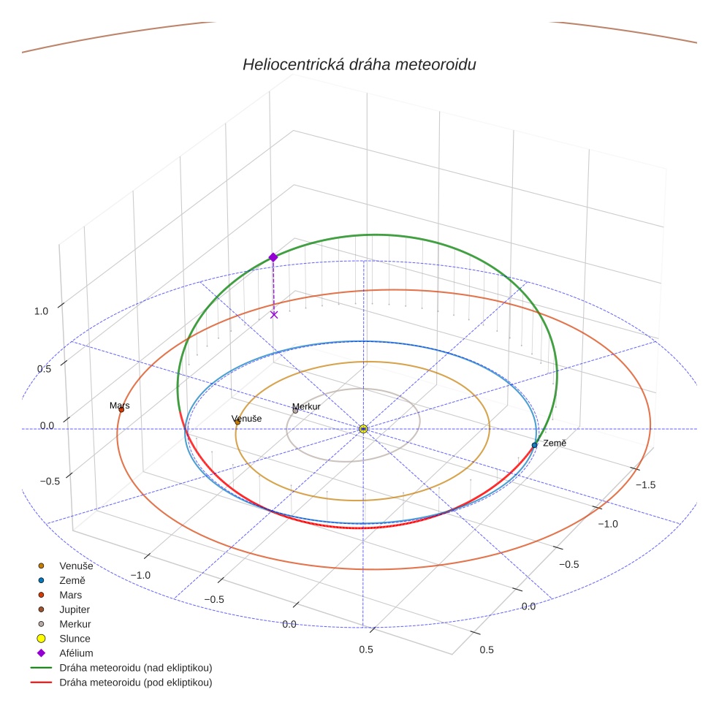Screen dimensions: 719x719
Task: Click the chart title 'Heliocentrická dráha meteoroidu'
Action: [x=359, y=65]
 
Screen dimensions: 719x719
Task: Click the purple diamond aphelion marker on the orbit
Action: [x=273, y=257]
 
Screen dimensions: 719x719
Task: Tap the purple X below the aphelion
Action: [x=274, y=315]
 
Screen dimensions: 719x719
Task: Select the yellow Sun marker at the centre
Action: [x=363, y=429]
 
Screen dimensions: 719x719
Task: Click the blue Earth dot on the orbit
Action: [x=535, y=445]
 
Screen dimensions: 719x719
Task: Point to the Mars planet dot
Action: [x=121, y=410]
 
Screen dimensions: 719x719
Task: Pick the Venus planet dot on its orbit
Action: [x=237, y=422]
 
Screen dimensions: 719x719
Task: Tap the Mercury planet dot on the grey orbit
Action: [x=295, y=411]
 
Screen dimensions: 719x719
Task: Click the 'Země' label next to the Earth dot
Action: [x=555, y=444]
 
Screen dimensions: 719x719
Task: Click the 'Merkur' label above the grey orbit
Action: [x=306, y=406]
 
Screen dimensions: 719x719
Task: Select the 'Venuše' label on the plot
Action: [x=246, y=419]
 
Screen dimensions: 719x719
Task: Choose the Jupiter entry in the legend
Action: [x=75, y=609]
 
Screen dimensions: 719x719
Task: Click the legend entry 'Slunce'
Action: [x=75, y=639]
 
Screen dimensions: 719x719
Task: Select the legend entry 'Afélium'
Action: [x=76, y=653]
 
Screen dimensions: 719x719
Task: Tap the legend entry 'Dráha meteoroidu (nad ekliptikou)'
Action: [x=140, y=668]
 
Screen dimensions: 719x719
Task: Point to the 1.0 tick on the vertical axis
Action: [x=41, y=311]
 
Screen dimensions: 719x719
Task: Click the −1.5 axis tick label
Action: [x=647, y=485]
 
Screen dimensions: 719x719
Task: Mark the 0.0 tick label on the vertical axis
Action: [x=47, y=425]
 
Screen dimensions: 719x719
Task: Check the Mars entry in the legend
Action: [x=70, y=595]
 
